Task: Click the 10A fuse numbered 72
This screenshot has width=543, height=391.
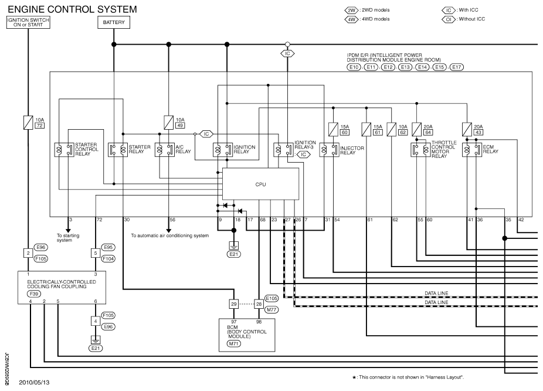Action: [28, 123]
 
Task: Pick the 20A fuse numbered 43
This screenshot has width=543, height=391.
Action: [467, 129]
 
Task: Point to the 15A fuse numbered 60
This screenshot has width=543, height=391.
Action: [333, 129]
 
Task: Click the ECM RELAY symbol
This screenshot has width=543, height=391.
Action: [471, 150]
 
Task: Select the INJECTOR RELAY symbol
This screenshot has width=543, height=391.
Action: [329, 150]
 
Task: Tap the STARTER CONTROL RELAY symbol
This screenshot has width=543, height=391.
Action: [64, 150]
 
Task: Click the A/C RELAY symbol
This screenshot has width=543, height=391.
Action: [165, 150]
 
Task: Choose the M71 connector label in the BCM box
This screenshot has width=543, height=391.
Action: [234, 344]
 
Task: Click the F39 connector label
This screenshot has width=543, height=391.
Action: [34, 294]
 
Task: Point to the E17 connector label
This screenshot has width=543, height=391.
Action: [456, 67]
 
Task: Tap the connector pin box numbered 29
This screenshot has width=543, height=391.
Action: [234, 304]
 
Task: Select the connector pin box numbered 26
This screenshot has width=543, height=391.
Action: [259, 304]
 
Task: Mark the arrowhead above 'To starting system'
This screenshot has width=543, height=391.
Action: [68, 231]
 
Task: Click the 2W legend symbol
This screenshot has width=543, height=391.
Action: [351, 11]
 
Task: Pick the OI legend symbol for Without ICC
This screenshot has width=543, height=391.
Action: [449, 19]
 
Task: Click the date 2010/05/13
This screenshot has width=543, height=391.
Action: [34, 383]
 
